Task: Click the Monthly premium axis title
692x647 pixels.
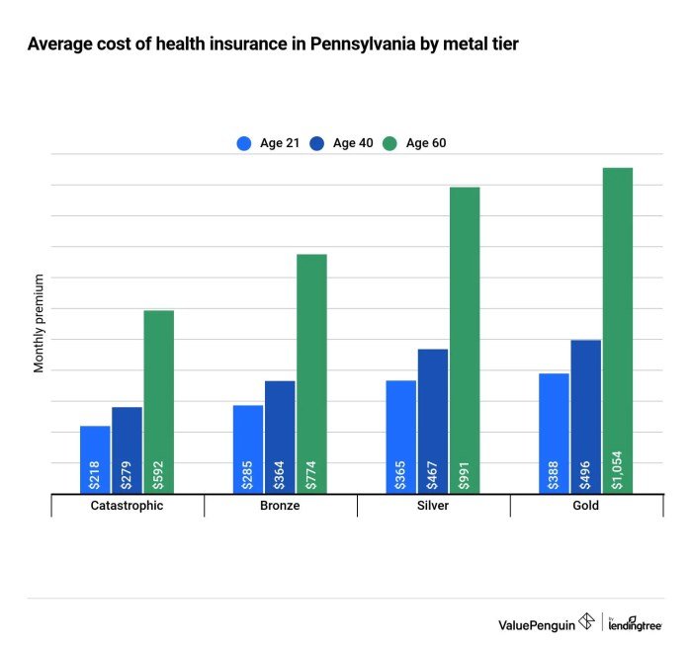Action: tap(40, 323)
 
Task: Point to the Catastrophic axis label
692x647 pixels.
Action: tap(127, 505)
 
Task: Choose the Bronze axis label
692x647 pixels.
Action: tap(280, 505)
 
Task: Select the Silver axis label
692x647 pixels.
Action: tap(433, 505)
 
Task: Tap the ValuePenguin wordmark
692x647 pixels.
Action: tap(538, 622)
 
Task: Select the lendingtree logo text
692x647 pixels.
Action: tap(636, 624)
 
